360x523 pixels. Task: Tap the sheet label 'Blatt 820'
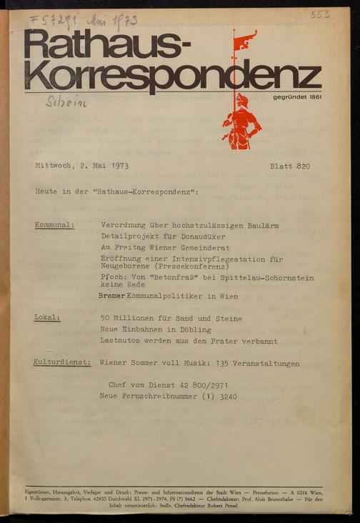pyautogui.click(x=290, y=166)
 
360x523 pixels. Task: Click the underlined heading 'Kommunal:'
pyautogui.click(x=54, y=225)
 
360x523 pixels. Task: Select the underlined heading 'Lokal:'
pyautogui.click(x=47, y=318)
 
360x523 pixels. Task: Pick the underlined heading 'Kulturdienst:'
pyautogui.click(x=62, y=363)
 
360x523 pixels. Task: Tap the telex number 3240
pyautogui.click(x=224, y=396)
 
